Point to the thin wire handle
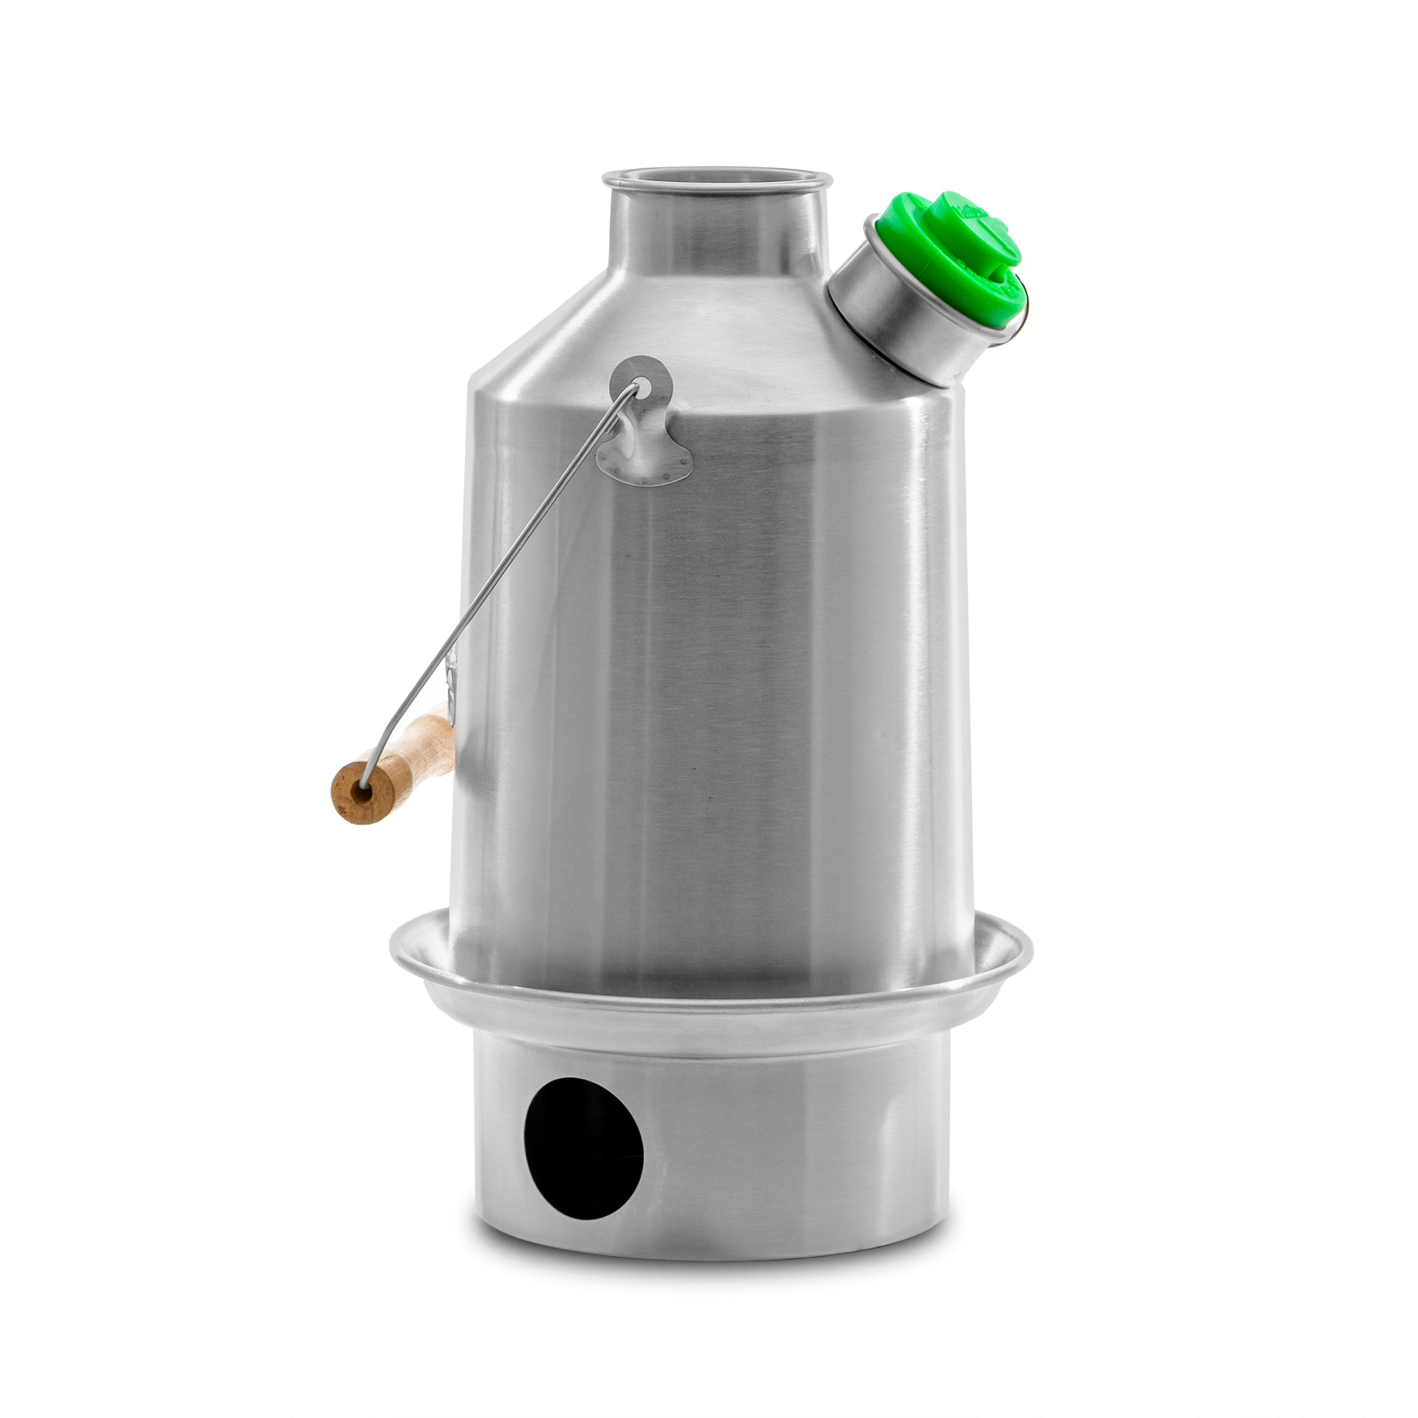coord(514,558)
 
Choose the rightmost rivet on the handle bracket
coord(688,463)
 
